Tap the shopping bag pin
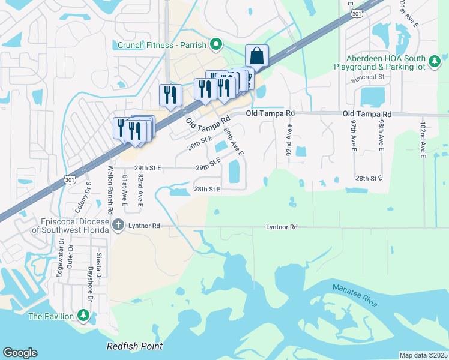(257, 56)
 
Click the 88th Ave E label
(233, 142)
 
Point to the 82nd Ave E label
(140, 191)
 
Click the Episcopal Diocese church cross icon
(118, 226)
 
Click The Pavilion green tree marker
(84, 316)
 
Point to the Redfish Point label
(134, 347)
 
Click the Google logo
(20, 353)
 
